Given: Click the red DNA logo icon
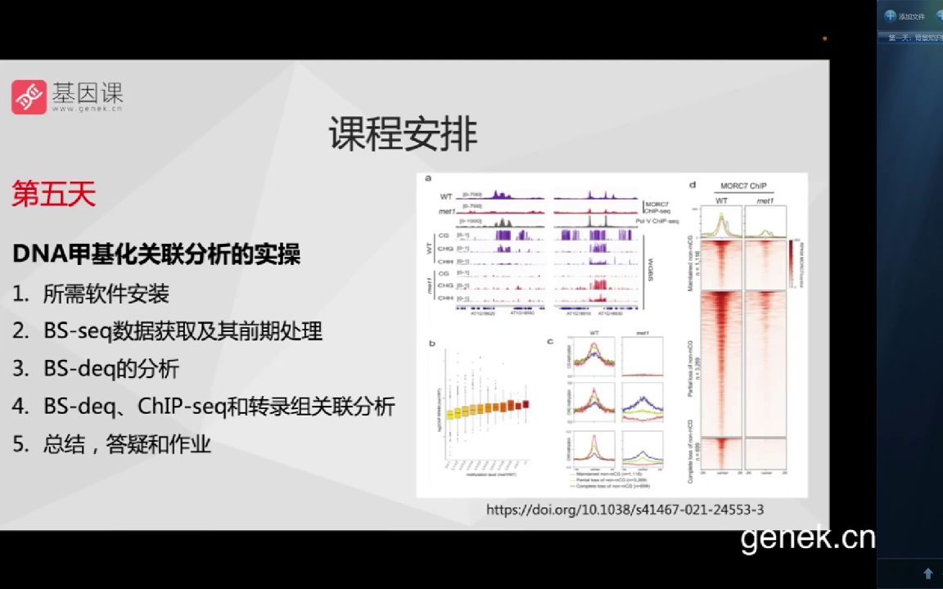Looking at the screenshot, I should (x=29, y=97).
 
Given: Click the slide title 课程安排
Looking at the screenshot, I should (x=403, y=133).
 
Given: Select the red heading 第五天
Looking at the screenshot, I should (x=54, y=194).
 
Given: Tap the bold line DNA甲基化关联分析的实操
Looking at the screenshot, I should (x=156, y=254).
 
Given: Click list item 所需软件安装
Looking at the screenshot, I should (x=106, y=294).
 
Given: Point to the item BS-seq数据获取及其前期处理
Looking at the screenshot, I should (x=183, y=331).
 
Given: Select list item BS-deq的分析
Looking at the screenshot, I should (x=111, y=369).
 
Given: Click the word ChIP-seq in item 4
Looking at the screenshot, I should (x=178, y=407).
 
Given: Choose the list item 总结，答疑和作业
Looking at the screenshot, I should (x=127, y=444).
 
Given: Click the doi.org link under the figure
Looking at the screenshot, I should (x=625, y=510).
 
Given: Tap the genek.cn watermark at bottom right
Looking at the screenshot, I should (x=807, y=537).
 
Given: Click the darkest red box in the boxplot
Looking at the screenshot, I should (x=526, y=403).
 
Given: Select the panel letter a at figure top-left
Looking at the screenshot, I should (x=427, y=178).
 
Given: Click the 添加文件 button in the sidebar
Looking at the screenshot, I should (x=905, y=16).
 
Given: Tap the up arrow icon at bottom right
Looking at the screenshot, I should (x=927, y=573).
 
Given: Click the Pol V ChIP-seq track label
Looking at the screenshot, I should (x=657, y=222).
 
